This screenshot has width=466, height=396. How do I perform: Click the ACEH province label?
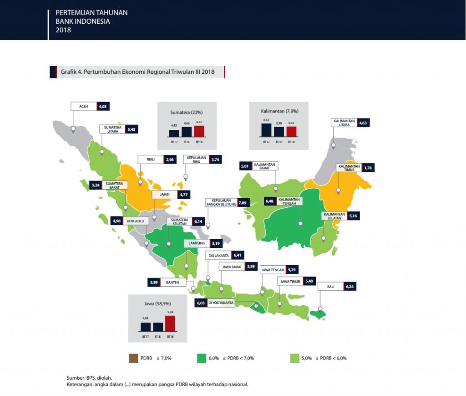tap(84, 106)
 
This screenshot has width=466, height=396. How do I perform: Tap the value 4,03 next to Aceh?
tap(103, 106)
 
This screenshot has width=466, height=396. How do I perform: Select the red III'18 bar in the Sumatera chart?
tap(199, 131)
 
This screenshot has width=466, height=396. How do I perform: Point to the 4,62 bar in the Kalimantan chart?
tap(266, 130)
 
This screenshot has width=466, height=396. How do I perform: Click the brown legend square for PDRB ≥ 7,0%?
tap(133, 358)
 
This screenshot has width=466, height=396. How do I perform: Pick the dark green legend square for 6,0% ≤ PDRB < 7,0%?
tap(202, 358)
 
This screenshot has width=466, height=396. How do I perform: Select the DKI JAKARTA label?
tap(218, 256)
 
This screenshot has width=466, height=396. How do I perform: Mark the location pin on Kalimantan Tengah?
tap(300, 224)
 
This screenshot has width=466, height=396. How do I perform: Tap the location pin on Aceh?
tap(73, 129)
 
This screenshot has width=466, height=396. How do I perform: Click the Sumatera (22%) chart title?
tap(187, 111)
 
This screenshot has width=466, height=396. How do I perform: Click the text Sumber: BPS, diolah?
tap(89, 378)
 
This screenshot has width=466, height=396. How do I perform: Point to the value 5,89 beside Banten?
tap(153, 283)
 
